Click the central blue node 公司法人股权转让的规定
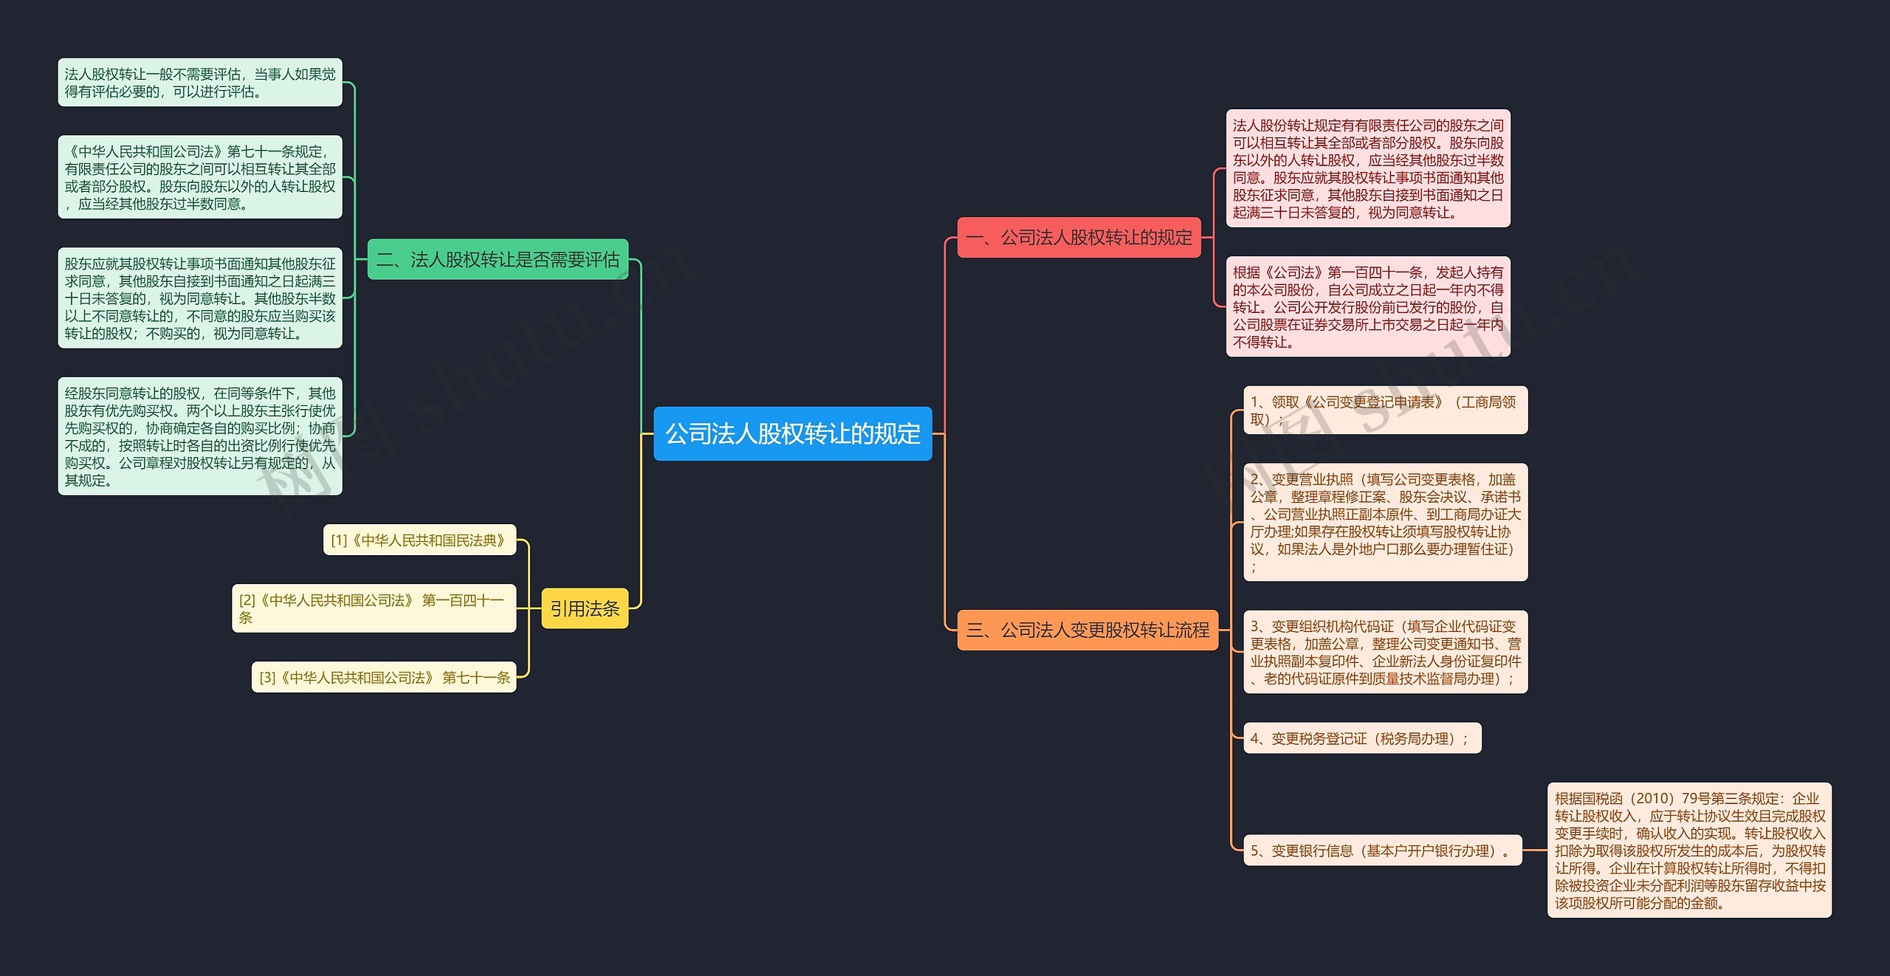point(792,433)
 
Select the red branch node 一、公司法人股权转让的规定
point(1079,238)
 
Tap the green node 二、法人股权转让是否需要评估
point(498,259)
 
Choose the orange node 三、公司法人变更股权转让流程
point(1087,630)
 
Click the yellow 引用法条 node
point(585,608)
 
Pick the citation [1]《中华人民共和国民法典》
point(419,540)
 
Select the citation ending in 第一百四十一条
point(374,608)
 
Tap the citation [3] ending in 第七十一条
point(384,677)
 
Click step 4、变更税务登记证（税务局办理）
point(1361,738)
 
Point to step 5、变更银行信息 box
point(1382,850)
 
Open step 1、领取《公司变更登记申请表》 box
point(1385,410)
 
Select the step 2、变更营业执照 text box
point(1385,522)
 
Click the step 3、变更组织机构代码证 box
point(1385,652)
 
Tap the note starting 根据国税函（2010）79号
point(1689,850)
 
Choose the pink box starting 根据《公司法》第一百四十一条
point(1367,306)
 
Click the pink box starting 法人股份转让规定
point(1367,168)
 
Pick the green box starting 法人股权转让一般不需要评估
point(199,83)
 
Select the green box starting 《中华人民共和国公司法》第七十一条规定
point(199,177)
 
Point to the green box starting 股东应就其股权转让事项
point(199,298)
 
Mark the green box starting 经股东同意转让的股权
point(199,436)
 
